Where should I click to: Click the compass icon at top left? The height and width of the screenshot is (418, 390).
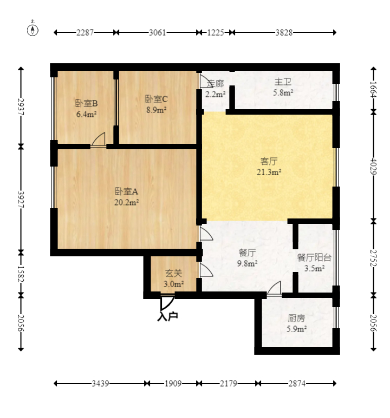point(32,30)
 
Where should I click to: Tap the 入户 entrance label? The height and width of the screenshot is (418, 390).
point(167,316)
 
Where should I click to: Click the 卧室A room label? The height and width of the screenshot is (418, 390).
point(126,191)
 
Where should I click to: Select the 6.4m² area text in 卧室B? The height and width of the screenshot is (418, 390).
point(86,114)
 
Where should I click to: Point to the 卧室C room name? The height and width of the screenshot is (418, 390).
point(156,99)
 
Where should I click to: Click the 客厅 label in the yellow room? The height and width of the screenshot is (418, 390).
point(269,161)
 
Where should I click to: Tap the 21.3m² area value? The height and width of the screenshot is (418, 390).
point(269,172)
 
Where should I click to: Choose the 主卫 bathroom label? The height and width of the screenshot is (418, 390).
point(283,82)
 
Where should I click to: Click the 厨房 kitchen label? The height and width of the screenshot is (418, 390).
point(296,318)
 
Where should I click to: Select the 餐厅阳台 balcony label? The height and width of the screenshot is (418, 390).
point(314,257)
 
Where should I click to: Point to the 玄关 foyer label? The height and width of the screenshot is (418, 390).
point(173,273)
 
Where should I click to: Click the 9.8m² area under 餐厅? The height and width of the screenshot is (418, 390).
point(247,264)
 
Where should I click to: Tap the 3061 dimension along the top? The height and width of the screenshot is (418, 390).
point(157,32)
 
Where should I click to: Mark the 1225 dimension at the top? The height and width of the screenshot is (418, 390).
point(216,32)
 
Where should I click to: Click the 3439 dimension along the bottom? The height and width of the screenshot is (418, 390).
point(100,383)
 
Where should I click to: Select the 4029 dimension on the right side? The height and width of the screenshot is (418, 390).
point(373,167)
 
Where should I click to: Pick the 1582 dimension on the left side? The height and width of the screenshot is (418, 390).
point(21,274)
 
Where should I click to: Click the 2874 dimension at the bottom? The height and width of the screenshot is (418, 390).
point(297,383)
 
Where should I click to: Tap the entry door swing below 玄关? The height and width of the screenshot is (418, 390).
point(167,303)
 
